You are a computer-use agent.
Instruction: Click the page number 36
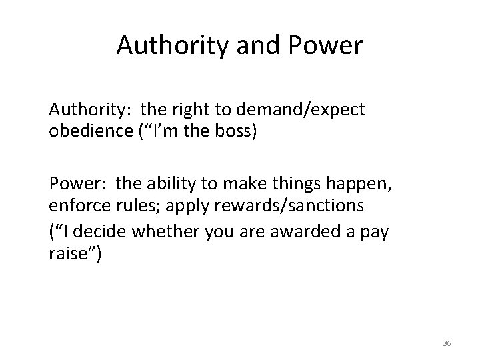446,343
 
